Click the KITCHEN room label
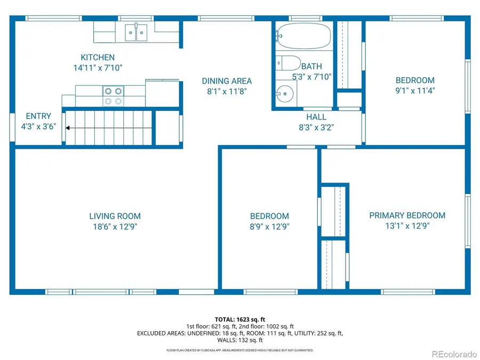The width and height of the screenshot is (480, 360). pos(98,58)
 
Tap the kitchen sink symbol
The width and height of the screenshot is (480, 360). pos(137,33)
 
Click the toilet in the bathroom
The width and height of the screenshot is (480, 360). pos(289,63)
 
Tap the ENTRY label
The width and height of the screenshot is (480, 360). pos(38,116)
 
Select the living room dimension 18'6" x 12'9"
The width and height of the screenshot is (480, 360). pos(115,226)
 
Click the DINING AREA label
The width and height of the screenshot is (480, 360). pos(227,81)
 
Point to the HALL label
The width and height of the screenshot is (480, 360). pos(316,117)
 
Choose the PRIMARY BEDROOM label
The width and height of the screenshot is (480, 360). pos(407,215)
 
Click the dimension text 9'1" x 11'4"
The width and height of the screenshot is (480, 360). pos(415,91)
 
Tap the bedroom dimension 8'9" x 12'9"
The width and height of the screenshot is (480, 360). pos(269,226)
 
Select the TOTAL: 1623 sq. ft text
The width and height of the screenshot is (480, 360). pos(239,318)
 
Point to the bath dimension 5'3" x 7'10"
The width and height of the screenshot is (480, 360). pos(312,77)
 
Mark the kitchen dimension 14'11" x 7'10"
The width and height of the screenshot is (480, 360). pos(98,68)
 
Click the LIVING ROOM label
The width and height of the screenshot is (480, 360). pos(115,216)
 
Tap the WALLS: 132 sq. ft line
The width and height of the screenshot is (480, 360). pos(239,340)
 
